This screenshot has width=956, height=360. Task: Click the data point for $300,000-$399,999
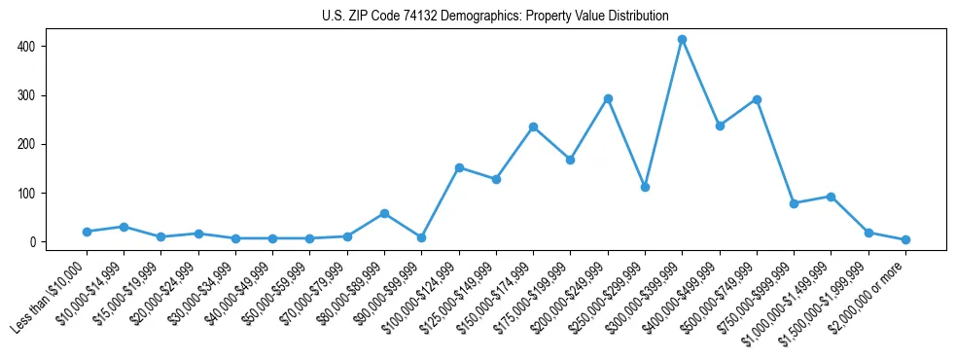coord(683,40)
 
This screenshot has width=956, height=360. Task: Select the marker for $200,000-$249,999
coord(608,99)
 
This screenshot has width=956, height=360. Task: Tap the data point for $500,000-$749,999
coord(757,100)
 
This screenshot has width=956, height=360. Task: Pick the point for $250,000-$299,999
coord(645,187)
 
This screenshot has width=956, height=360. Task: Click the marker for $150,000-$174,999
coord(533,127)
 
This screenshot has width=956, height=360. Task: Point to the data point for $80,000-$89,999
coord(384,213)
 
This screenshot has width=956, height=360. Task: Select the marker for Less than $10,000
coord(87,232)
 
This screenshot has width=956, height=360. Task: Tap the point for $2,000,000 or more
coord(905,239)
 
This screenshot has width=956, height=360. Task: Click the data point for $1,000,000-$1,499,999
coord(831,197)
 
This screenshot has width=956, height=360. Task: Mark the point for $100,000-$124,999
coord(459,167)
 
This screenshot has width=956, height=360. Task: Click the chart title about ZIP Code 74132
coord(495,17)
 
